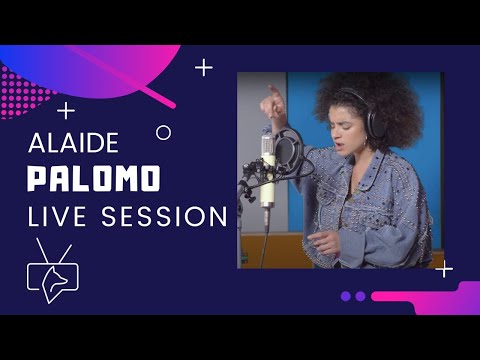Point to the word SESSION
pyautogui.click(x=164, y=215)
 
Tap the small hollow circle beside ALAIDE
pyautogui.click(x=164, y=132)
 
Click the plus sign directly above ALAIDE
pyautogui.click(x=67, y=110)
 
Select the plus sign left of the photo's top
pyautogui.click(x=204, y=67)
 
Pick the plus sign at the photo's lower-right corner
pyautogui.click(x=445, y=268)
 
